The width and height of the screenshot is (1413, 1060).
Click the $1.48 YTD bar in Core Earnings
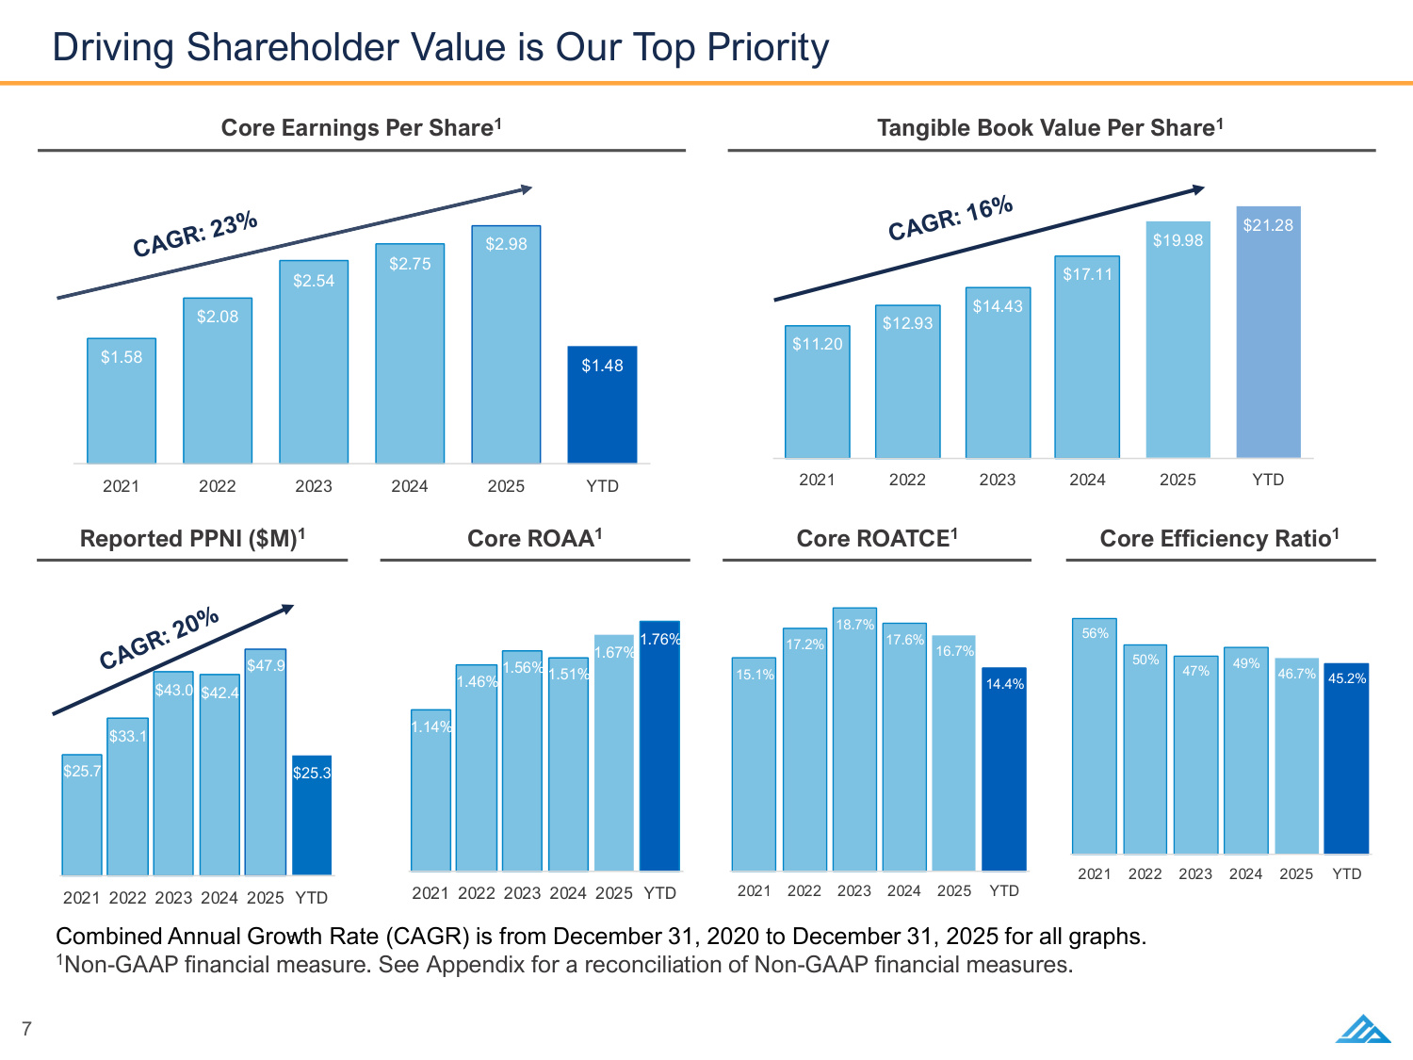602,404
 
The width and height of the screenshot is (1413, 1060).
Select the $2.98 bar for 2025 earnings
506,344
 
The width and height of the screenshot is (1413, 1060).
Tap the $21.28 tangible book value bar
1268,332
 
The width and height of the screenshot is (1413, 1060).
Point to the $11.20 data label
817,344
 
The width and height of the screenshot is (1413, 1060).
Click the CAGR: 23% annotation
195,234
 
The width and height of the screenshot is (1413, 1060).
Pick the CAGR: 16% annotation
950,219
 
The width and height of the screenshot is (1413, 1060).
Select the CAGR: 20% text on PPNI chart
159,638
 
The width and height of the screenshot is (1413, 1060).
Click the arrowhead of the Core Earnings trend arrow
528,189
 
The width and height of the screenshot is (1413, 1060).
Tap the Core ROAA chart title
534,539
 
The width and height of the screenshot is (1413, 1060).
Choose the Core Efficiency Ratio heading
1219,539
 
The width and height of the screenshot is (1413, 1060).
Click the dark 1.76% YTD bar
659,746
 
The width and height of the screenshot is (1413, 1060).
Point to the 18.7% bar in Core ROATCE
855,739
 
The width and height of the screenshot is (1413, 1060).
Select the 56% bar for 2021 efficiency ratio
1095,736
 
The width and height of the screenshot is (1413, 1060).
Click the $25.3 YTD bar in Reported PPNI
312,815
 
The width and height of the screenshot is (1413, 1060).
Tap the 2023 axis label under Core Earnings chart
314,486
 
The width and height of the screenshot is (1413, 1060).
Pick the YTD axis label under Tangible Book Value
1268,480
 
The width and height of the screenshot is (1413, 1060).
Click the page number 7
26,1029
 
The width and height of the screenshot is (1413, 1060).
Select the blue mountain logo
1363,1029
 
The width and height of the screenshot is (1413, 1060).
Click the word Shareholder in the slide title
292,47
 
